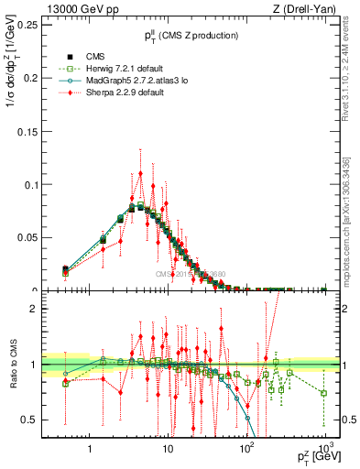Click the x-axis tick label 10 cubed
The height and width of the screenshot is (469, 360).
(324, 444)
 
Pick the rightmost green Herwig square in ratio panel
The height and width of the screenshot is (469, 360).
(324, 393)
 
